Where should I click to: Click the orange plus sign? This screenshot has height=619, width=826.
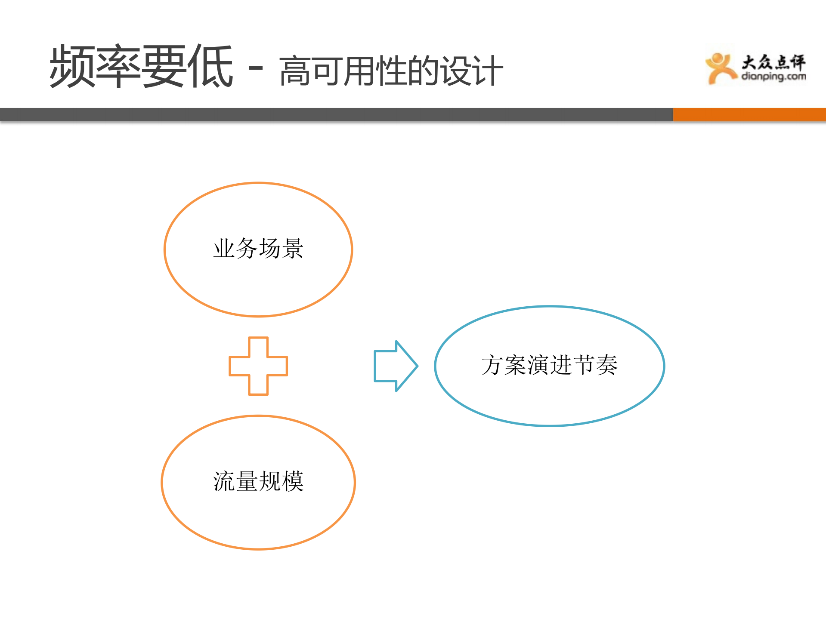(x=258, y=366)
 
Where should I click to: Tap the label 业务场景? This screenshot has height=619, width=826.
(x=258, y=249)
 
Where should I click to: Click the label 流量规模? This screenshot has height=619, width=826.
(x=258, y=481)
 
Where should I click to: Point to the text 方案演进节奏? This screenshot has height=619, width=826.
(x=549, y=365)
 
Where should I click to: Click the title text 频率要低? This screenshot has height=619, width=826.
(x=141, y=67)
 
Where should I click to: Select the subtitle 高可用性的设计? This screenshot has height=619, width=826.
(x=391, y=71)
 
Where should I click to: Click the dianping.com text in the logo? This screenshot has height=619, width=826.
(x=773, y=77)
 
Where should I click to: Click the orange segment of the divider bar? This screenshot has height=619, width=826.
(x=749, y=114)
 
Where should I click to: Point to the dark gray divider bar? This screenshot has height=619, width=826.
(x=336, y=114)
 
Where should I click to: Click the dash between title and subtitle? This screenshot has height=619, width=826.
(x=256, y=68)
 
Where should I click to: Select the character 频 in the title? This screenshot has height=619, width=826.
(x=72, y=67)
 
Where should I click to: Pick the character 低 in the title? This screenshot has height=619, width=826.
(x=210, y=67)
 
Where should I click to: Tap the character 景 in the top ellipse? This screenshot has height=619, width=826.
(x=293, y=249)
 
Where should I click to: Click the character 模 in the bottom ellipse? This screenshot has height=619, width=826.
(x=293, y=481)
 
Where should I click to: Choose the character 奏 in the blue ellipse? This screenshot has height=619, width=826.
(x=606, y=365)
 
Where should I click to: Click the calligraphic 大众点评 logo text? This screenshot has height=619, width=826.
(x=773, y=62)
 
